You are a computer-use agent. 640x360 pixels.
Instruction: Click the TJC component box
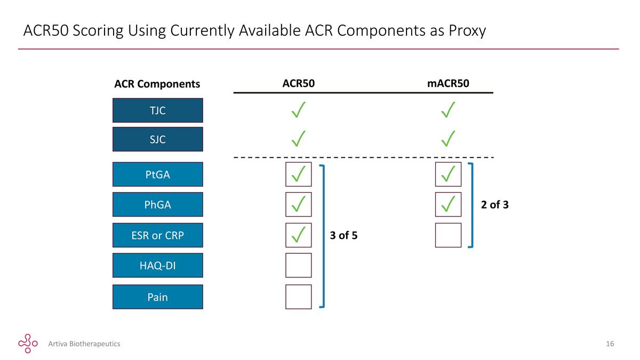[158, 110]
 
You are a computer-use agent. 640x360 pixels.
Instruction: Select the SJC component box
[158, 139]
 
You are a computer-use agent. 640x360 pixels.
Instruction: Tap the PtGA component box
[158, 174]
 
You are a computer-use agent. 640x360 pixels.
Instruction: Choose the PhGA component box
[158, 204]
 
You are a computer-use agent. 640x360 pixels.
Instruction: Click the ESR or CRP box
[158, 235]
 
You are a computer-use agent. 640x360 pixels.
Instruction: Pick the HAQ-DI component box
[158, 265]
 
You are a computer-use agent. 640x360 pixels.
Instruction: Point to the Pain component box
[158, 297]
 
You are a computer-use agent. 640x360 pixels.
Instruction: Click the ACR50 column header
[299, 83]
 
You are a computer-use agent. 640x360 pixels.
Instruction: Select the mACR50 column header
[448, 83]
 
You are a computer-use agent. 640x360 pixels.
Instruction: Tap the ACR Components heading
[157, 84]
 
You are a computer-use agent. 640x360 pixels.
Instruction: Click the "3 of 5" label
[343, 235]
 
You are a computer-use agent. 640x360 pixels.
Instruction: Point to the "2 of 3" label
[494, 205]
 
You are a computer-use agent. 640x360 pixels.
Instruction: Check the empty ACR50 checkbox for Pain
[299, 297]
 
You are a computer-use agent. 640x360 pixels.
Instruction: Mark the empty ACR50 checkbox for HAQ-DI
[299, 265]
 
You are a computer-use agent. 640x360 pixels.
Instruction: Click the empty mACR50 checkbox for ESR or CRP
[449, 235]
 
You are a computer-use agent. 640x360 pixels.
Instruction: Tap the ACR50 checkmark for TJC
[298, 110]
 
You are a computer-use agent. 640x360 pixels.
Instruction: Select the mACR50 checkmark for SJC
[448, 139]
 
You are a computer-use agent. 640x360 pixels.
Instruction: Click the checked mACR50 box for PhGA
[449, 204]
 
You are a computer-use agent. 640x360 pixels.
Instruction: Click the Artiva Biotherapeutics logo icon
[28, 343]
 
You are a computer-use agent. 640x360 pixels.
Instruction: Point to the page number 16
[610, 343]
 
